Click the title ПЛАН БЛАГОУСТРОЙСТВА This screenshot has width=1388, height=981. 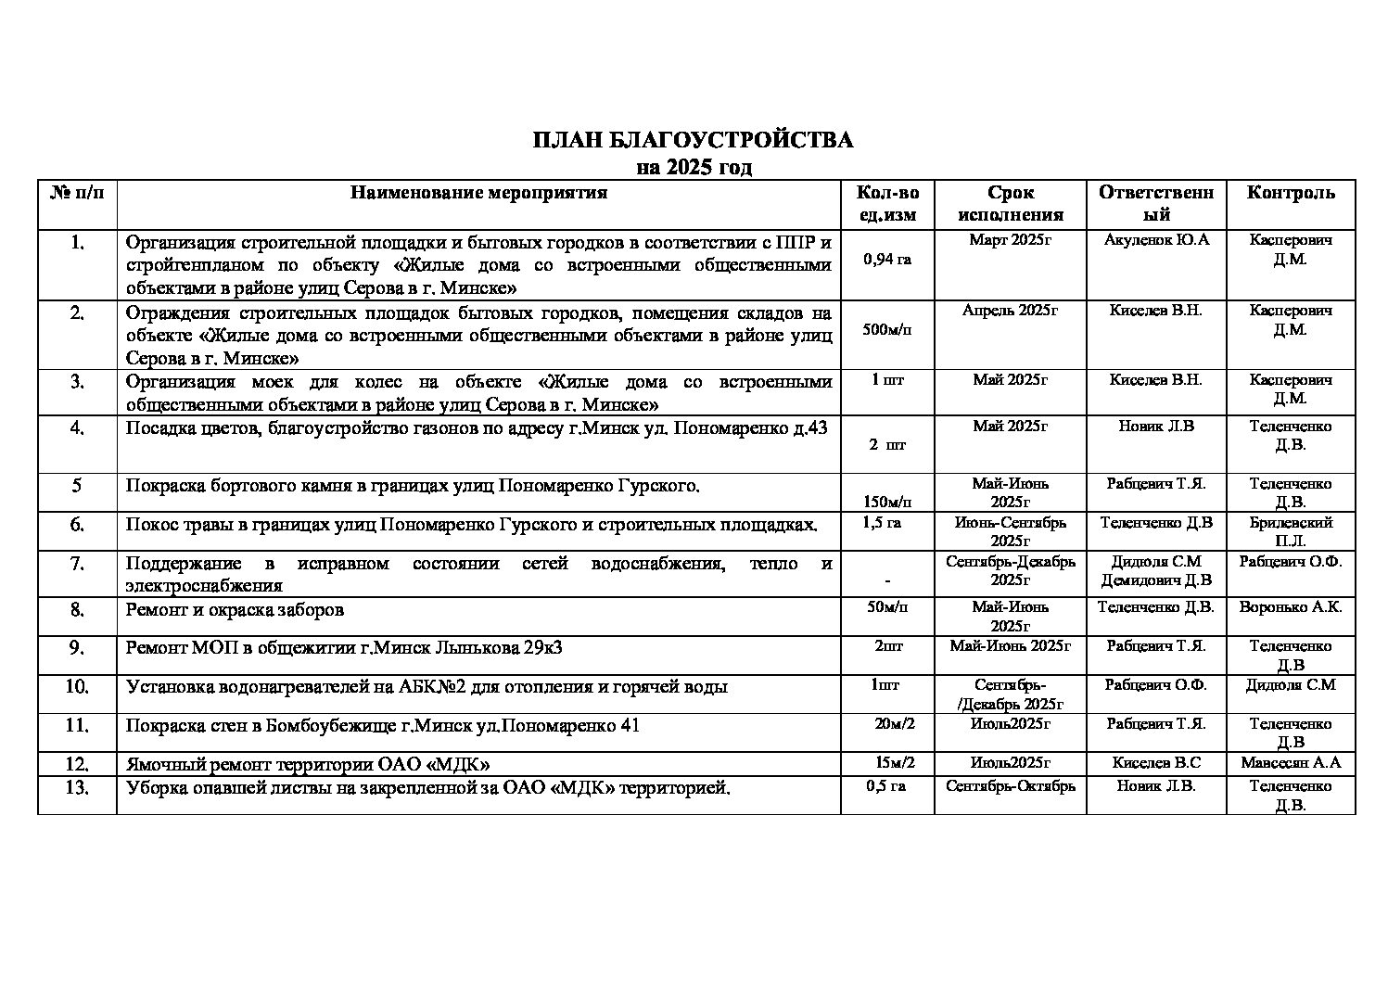point(693,141)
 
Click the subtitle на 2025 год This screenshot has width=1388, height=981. point(694,168)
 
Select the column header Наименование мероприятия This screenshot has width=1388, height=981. point(478,193)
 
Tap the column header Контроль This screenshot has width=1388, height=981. point(1291,193)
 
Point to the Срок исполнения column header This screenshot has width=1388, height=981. point(1010,204)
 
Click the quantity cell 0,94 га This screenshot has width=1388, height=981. point(886,260)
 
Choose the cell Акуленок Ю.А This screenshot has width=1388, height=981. point(1156,240)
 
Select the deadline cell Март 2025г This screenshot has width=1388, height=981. point(1010,240)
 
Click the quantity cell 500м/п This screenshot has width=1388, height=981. point(886,330)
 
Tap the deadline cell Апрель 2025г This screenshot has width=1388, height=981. point(1010,311)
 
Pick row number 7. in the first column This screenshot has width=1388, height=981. point(78,564)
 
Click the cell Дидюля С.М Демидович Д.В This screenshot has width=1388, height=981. point(1156,571)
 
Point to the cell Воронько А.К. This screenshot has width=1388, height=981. point(1291,607)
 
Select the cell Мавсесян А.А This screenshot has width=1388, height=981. point(1291,763)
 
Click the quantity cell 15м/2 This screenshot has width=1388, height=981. point(895,763)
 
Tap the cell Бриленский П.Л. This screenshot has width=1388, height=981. point(1291,531)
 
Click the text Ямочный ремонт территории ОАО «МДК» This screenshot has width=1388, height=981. point(307,764)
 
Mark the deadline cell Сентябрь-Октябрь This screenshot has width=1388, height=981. point(1010,786)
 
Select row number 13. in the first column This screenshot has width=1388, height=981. point(78,788)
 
